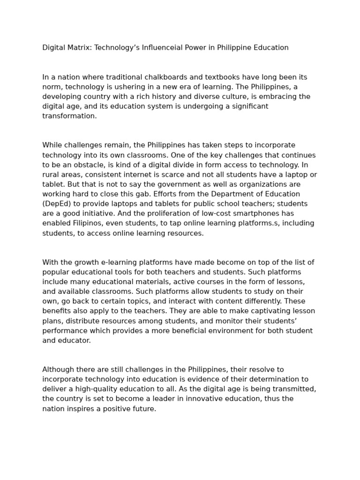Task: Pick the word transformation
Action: tap(69, 116)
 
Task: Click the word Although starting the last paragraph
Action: tap(60, 369)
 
